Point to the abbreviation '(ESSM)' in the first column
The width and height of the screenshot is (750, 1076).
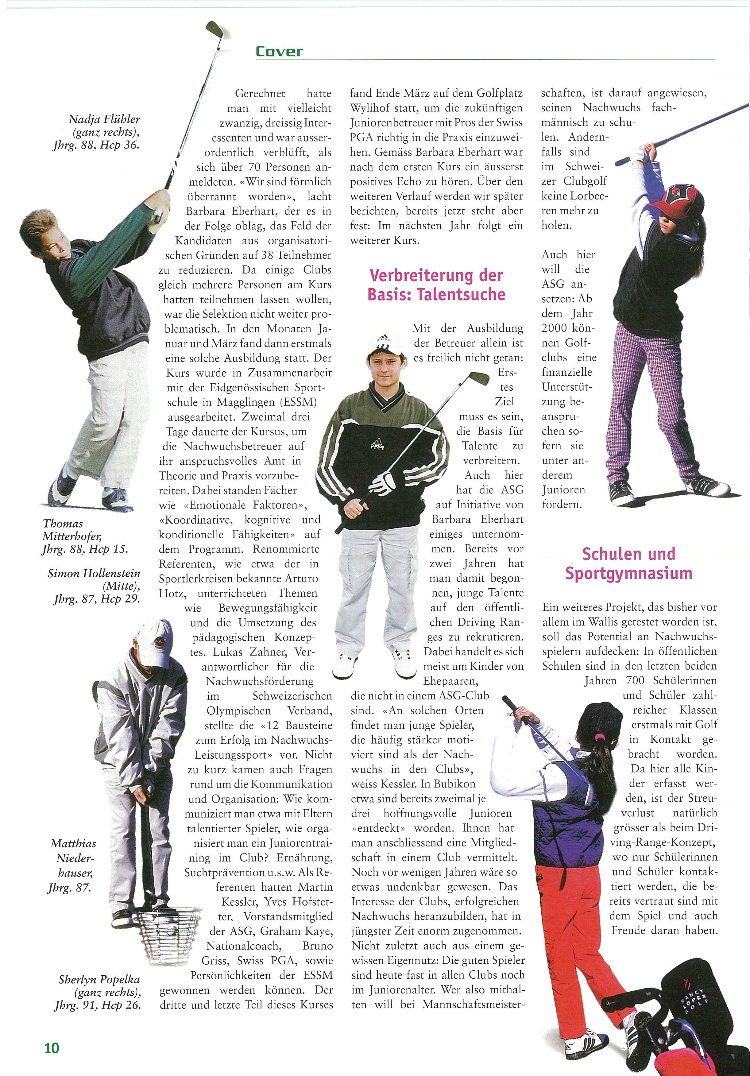[x=300, y=402]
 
